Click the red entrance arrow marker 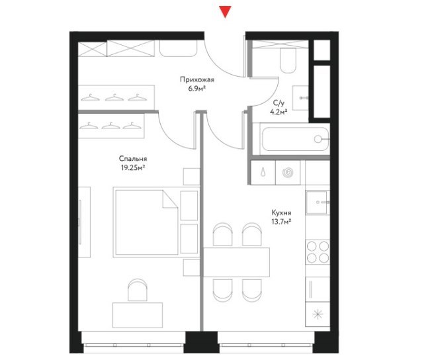click(225, 11)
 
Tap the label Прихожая click(197, 80)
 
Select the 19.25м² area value click(133, 167)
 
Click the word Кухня click(281, 213)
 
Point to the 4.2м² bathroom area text click(279, 112)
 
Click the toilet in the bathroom click(288, 61)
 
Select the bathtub click(295, 139)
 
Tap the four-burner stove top click(318, 252)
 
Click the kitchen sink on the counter click(318, 202)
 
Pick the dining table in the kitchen click(236, 262)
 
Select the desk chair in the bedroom click(138, 290)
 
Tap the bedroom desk click(138, 315)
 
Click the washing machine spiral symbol click(288, 173)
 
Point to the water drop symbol click(264, 172)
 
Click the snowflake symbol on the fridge click(318, 314)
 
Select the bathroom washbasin click(300, 98)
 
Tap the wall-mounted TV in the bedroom click(79, 222)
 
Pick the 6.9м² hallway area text click(197, 89)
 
